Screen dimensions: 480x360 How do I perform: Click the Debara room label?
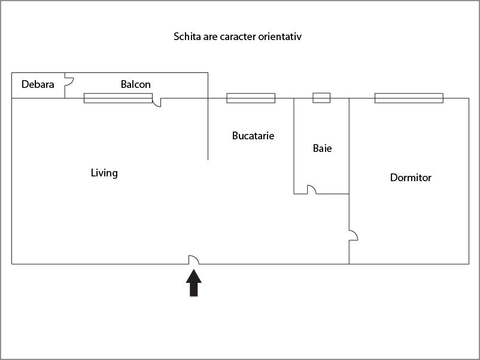point(38,84)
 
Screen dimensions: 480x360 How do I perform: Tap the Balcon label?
point(136,84)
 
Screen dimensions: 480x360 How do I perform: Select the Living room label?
point(104,173)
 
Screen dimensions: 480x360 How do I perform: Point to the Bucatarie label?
point(253,136)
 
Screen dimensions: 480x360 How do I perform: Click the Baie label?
point(323,148)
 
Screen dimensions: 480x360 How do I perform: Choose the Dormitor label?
point(411,178)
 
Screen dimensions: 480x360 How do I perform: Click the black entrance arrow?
point(194,283)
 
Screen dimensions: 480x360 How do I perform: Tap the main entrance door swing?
point(193,260)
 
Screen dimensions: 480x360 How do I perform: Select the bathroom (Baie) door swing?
point(312,190)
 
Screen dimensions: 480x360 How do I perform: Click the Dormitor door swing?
point(354,235)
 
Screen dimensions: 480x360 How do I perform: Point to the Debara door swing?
point(69,81)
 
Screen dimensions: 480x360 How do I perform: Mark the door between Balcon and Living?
point(157,102)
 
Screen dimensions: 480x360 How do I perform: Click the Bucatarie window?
point(251,98)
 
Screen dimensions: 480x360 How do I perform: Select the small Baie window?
point(321,98)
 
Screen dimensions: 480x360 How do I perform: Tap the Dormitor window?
point(409,98)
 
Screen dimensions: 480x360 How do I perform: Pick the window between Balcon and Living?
point(118,98)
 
